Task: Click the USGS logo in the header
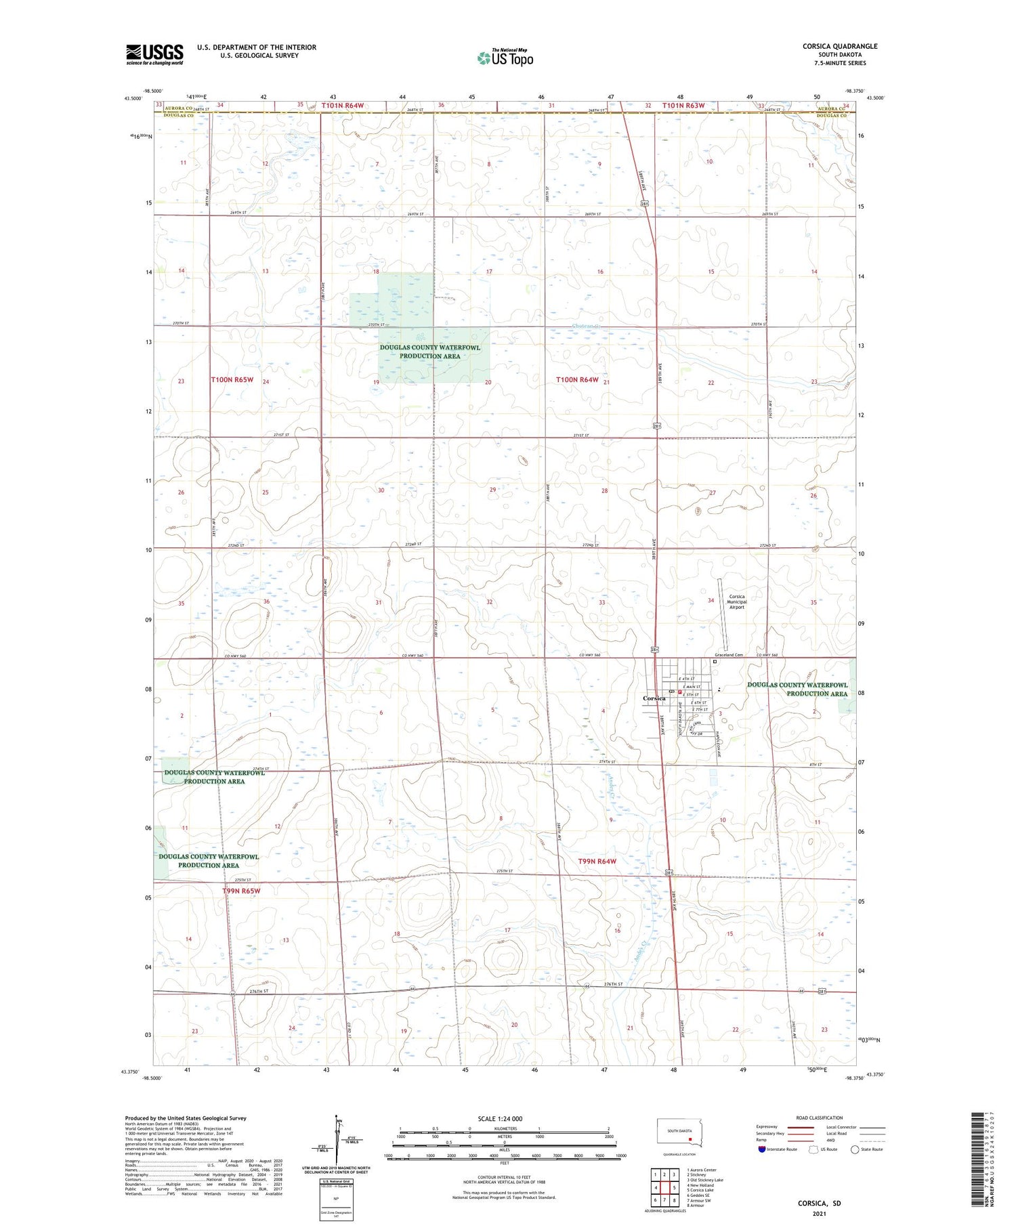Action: [x=154, y=54]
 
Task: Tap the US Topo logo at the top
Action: [x=505, y=58]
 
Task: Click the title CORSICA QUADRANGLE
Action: [x=839, y=46]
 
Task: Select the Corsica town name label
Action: [x=654, y=698]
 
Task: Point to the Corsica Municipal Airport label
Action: [x=736, y=601]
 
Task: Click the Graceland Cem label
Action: [x=729, y=655]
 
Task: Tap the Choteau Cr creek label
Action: [x=587, y=326]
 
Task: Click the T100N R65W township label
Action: [x=232, y=380]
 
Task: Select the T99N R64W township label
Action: [x=597, y=861]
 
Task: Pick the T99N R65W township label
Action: [x=241, y=891]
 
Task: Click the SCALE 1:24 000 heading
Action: [x=500, y=1118]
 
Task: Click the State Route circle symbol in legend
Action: [x=855, y=1149]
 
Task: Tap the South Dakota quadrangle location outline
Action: [x=679, y=1133]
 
